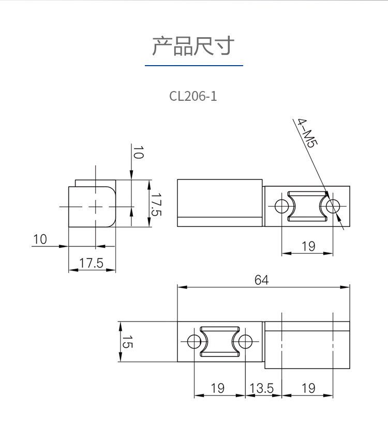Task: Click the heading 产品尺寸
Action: tap(193, 46)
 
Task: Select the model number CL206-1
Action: tap(193, 96)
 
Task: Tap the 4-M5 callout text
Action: tap(308, 133)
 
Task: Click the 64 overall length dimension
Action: tap(261, 280)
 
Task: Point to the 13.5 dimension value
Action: tap(261, 388)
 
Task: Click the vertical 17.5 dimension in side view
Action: tap(156, 205)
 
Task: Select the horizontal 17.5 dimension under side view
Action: tap(91, 263)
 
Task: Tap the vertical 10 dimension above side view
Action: tap(138, 152)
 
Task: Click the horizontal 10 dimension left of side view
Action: tap(40, 239)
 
